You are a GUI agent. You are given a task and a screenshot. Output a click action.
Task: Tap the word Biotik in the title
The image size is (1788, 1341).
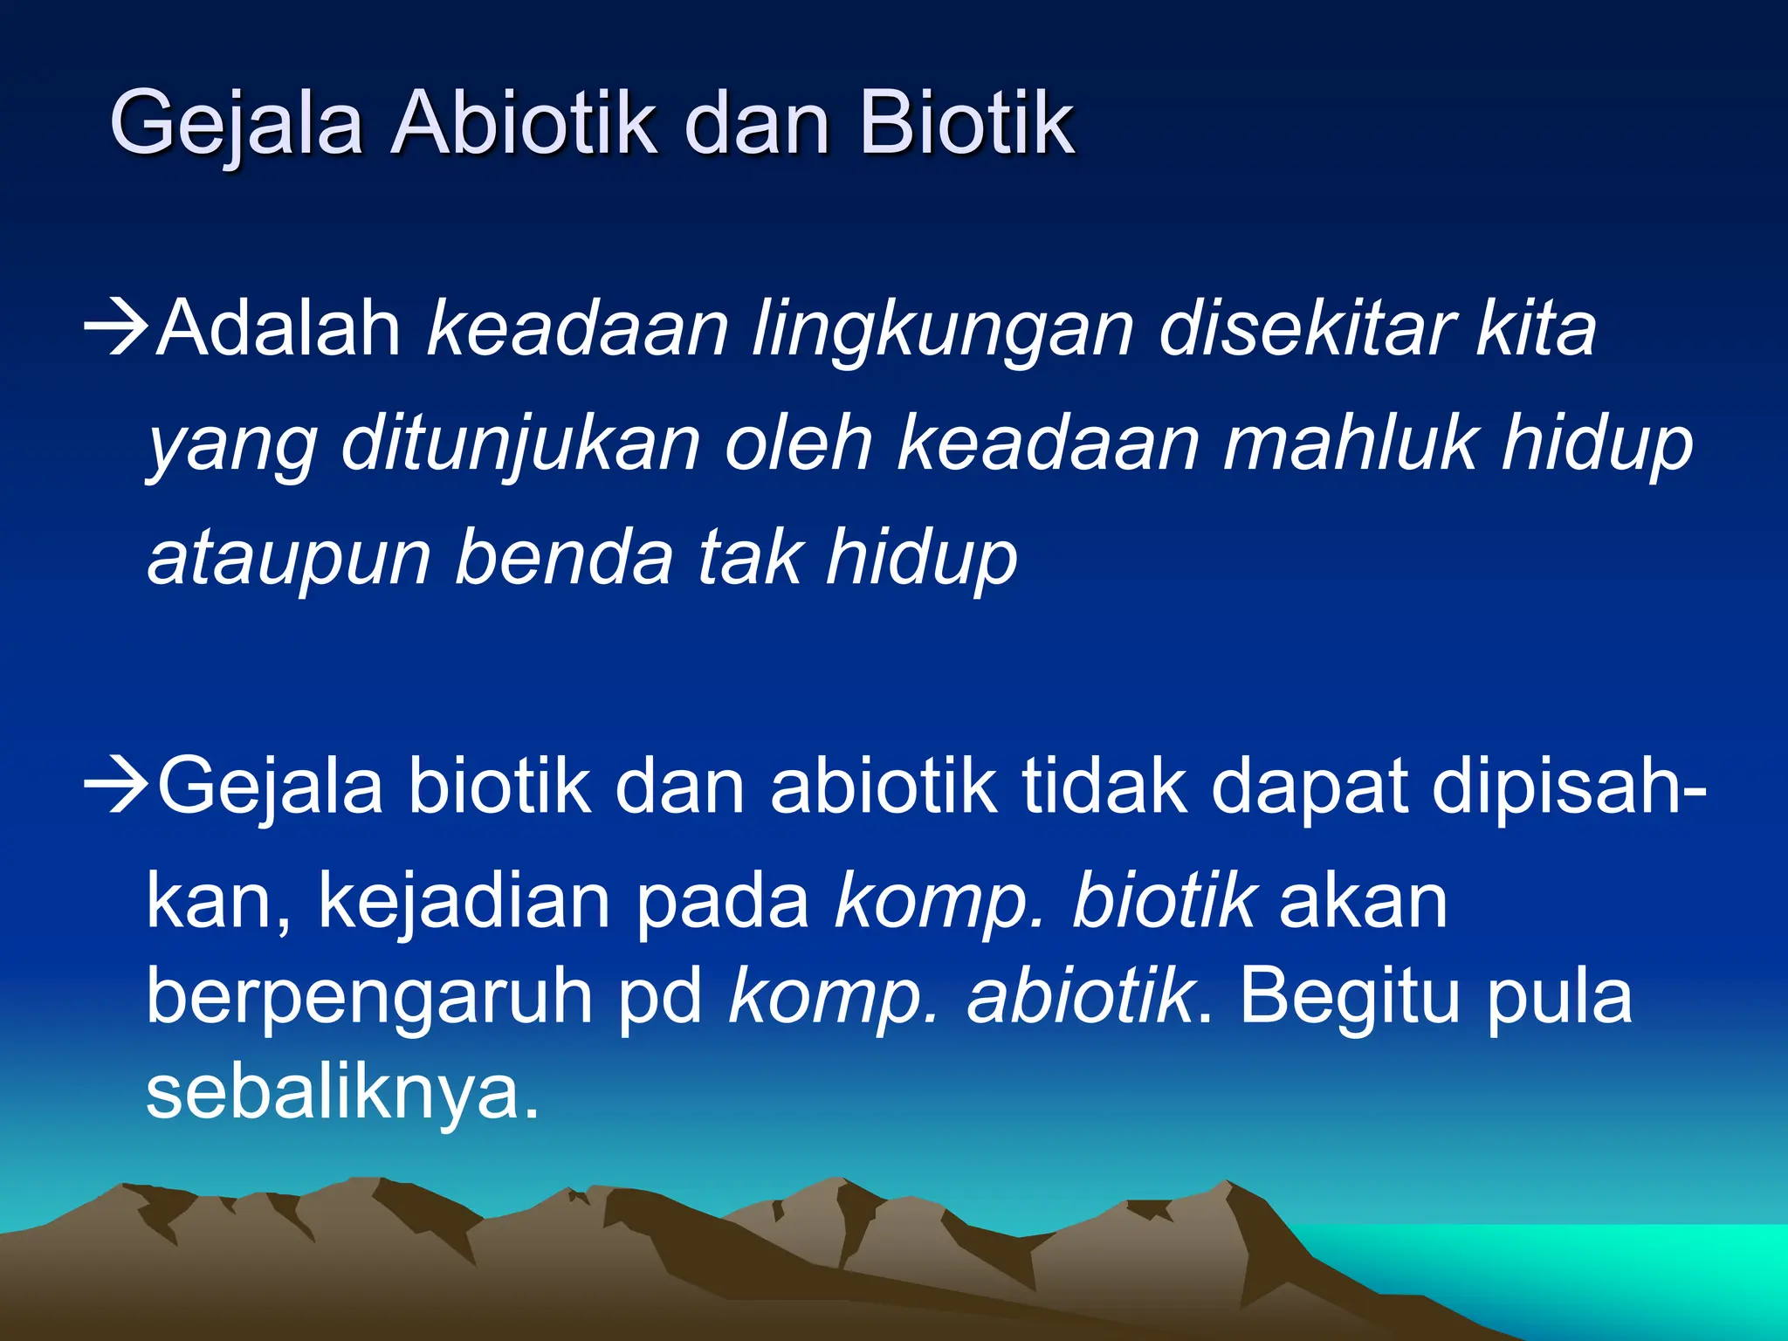point(966,124)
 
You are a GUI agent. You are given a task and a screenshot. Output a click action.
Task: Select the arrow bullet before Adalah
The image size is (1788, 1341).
point(117,329)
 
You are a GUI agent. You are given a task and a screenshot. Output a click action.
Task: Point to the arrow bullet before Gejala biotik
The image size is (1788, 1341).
point(117,786)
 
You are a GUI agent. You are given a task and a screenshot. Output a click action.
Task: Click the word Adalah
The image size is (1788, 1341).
point(279,329)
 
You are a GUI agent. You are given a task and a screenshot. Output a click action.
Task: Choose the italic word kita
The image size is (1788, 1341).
point(1537,329)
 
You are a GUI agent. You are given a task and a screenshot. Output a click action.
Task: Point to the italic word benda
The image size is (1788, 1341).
point(564,557)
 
